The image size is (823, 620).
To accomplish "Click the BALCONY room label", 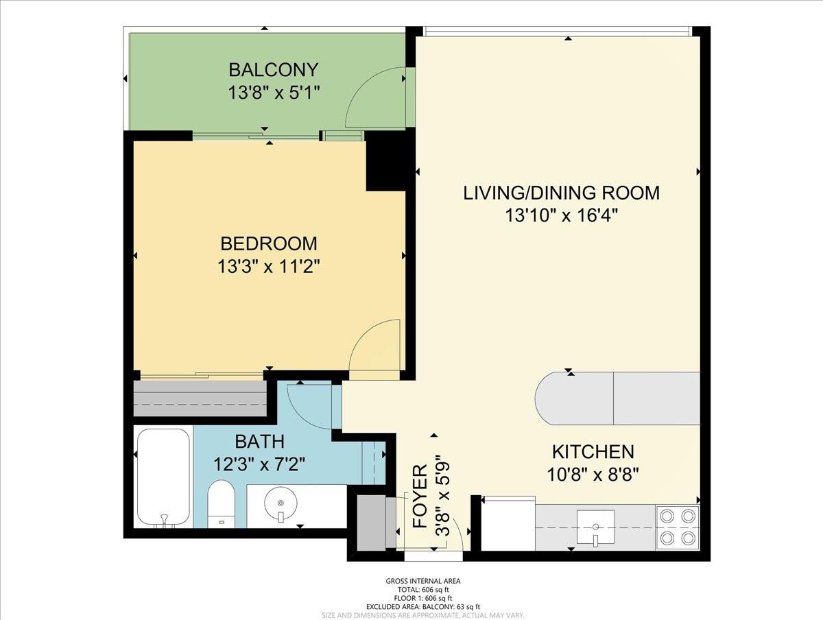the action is (x=274, y=70).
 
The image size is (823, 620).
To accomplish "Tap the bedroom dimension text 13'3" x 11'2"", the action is (x=268, y=267).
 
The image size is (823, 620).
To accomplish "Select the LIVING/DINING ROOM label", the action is (x=561, y=193).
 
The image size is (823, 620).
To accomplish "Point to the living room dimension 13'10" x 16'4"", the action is (x=561, y=215).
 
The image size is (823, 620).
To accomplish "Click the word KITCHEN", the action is (x=593, y=452).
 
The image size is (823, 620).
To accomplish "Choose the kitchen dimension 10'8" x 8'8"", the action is (x=593, y=475).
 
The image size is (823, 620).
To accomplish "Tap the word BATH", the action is (x=259, y=442).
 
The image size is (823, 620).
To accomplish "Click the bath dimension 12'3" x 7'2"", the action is (x=259, y=465).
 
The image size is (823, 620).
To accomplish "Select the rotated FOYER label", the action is (x=420, y=497).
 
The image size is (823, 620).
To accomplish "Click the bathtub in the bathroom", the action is (x=163, y=477).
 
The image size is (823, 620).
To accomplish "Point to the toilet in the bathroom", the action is (x=221, y=504).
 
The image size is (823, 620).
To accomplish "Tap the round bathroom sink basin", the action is (x=281, y=502).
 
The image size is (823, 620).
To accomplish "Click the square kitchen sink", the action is (x=595, y=527).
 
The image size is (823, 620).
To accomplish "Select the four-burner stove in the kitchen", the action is (x=678, y=527).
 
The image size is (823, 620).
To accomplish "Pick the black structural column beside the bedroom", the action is (x=386, y=161).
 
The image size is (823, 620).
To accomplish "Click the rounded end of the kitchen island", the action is (x=545, y=398).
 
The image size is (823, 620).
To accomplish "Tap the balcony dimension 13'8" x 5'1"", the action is (x=274, y=93).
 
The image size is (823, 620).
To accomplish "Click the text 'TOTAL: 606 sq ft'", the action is (x=424, y=590).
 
